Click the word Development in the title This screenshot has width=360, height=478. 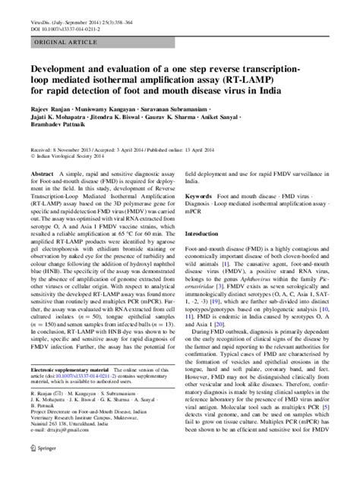point(62,70)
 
